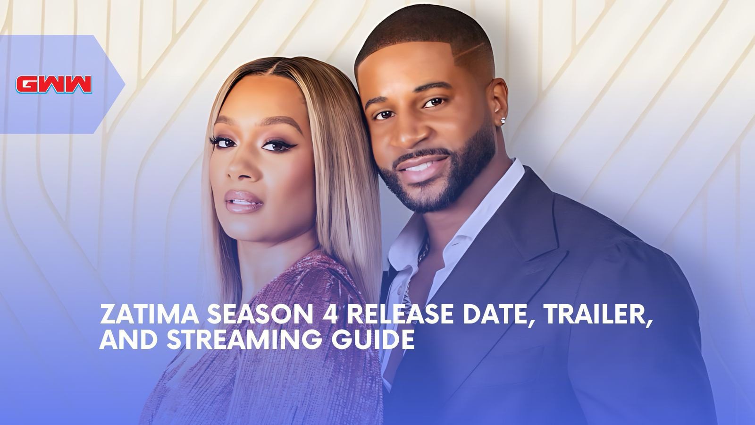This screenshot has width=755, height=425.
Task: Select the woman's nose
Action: point(241,165)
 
